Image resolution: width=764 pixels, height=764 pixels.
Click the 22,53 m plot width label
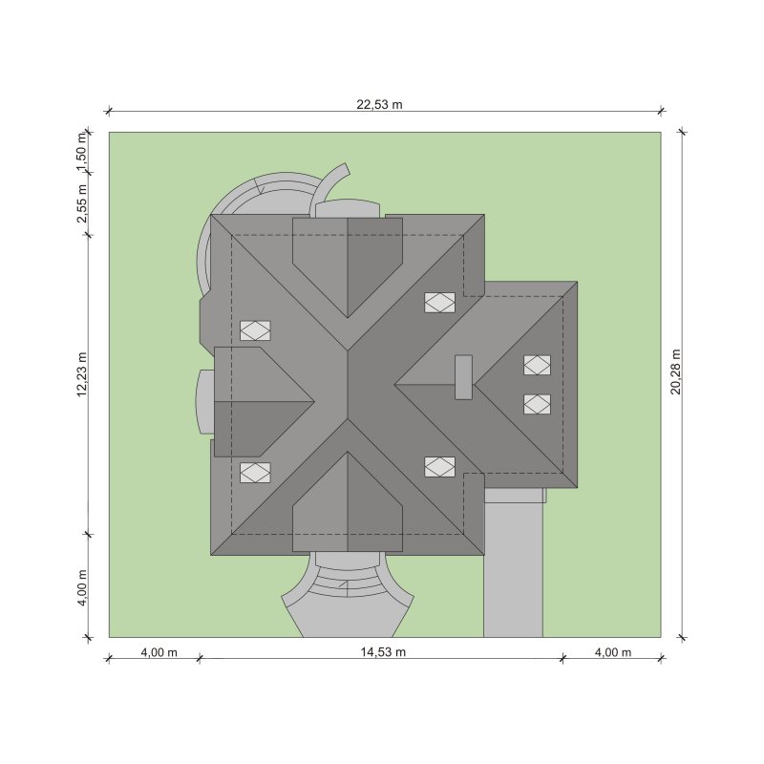379,104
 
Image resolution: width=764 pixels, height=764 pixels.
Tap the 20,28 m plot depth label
676,371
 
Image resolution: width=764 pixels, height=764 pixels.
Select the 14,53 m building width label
383,652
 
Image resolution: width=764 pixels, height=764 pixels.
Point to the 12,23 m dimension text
82,374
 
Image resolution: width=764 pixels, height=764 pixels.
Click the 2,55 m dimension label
82,203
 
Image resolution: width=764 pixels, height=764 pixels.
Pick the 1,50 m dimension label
82,152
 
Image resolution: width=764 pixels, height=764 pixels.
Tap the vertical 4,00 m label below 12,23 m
82,587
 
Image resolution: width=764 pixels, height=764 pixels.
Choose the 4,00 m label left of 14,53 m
159,652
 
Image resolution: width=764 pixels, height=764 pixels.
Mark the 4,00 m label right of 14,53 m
613,652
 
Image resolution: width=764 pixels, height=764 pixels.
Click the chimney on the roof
463,377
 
